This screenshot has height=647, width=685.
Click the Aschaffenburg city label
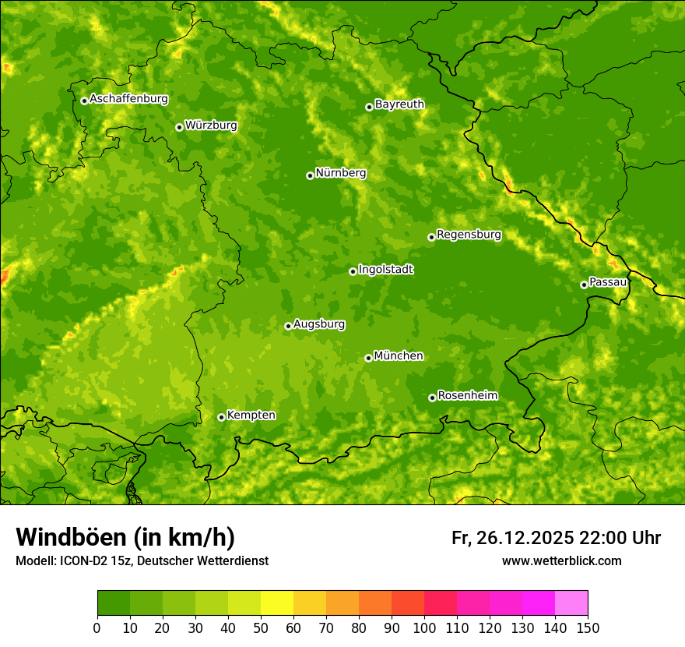click(x=128, y=99)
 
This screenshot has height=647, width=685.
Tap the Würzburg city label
click(x=211, y=126)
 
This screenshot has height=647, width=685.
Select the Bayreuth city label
click(x=399, y=104)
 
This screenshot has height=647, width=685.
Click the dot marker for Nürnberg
click(x=310, y=175)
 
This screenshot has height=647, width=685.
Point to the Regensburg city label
click(x=469, y=235)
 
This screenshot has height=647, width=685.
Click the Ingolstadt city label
click(x=385, y=270)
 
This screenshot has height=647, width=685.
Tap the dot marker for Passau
click(x=584, y=285)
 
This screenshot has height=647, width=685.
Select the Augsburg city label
click(x=319, y=324)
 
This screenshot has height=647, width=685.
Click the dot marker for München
click(x=368, y=358)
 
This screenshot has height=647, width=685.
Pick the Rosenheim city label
click(x=467, y=396)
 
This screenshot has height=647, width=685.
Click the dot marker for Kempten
click(x=221, y=417)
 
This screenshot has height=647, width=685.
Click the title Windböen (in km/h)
click(x=125, y=537)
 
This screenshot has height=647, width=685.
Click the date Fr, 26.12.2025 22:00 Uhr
click(x=556, y=538)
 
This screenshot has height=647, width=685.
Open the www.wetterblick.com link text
click(x=561, y=561)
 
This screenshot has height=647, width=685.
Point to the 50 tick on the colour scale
click(x=261, y=628)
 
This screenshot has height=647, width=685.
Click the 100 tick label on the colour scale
click(x=424, y=628)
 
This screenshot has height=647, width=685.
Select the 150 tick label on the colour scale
click(x=588, y=628)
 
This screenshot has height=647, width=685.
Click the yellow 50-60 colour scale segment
click(x=277, y=603)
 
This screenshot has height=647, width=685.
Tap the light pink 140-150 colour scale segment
click(x=571, y=603)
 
